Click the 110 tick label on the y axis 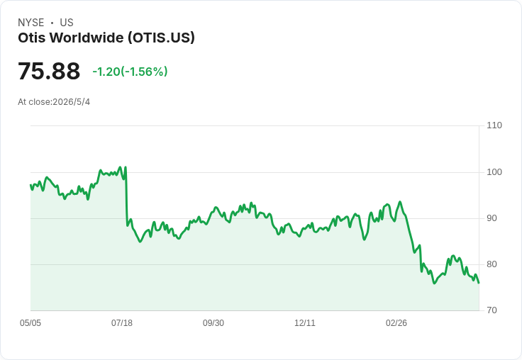(494, 125)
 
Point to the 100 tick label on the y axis (494, 172)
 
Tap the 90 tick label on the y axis (492, 218)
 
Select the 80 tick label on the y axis (492, 264)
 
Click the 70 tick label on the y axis (492, 310)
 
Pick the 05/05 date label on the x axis (30, 323)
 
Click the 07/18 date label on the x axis (122, 323)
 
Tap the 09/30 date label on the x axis (213, 323)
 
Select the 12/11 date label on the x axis (304, 323)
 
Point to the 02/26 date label (396, 323)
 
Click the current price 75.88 (49, 71)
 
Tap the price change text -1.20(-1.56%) (130, 72)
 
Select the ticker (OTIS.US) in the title (162, 38)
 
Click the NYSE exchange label (31, 23)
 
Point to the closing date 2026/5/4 (71, 102)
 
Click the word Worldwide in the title (87, 38)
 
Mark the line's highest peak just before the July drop (125, 167)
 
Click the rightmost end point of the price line (479, 283)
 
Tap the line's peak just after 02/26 (400, 202)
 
